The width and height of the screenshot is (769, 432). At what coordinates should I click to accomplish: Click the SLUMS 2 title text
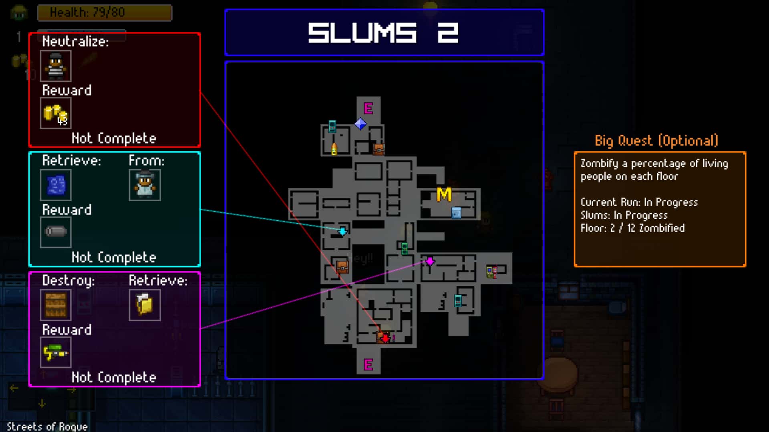383,33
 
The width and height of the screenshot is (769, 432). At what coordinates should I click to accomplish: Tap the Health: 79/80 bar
105,12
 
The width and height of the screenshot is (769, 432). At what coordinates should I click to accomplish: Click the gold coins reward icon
56,114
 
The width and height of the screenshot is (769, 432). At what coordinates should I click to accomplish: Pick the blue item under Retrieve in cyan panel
56,185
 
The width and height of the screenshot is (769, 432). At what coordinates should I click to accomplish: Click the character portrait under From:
145,185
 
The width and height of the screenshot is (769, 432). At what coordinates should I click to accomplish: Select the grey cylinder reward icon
56,232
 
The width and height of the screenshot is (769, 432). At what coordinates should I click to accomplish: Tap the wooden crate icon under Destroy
56,305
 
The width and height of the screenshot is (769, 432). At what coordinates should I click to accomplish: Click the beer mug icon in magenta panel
145,305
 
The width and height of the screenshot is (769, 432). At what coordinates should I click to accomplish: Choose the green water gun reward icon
56,352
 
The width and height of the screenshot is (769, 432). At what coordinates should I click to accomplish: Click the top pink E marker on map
368,108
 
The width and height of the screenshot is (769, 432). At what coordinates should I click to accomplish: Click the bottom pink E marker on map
368,365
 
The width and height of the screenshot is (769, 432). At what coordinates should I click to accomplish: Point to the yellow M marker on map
444,195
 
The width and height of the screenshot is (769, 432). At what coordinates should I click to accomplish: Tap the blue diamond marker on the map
360,124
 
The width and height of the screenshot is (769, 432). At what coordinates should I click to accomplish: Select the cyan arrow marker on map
343,231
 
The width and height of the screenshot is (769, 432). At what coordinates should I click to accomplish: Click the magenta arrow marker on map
430,262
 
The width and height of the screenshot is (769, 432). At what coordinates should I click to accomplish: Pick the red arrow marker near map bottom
385,338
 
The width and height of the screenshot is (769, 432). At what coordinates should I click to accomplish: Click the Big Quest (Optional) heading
656,141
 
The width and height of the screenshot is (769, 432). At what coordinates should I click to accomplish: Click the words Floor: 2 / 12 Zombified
632,228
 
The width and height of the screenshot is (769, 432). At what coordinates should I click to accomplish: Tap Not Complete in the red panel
114,138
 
